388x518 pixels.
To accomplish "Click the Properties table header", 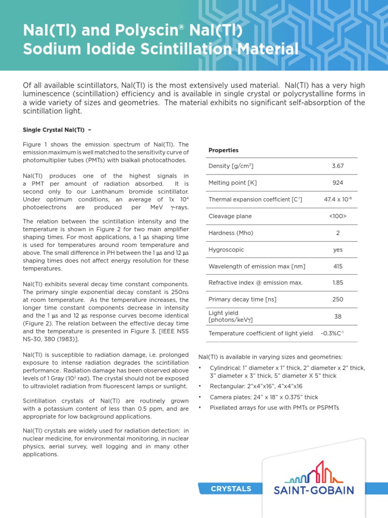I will pyautogui.click(x=223, y=150).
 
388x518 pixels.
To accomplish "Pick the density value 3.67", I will pyautogui.click(x=337, y=166).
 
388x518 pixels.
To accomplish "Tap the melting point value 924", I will pyautogui.click(x=337, y=183).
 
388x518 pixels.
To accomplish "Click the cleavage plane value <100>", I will pyautogui.click(x=337, y=216).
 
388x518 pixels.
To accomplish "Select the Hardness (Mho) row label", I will pyautogui.click(x=231, y=233).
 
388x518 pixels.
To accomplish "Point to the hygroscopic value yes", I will pyautogui.click(x=337, y=249).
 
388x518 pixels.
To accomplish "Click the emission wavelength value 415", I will pyautogui.click(x=337, y=266).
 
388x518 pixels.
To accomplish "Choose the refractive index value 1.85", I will pyautogui.click(x=337, y=283).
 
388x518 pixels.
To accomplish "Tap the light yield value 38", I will pyautogui.click(x=337, y=316).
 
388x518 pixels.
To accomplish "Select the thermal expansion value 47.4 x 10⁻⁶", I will pyautogui.click(x=337, y=199).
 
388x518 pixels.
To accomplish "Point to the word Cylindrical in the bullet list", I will pyautogui.click(x=225, y=368).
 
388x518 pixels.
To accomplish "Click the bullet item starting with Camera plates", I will pyautogui.click(x=264, y=397).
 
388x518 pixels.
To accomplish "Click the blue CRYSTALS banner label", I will pyautogui.click(x=230, y=489).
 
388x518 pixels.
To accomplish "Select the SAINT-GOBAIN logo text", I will pyautogui.click(x=313, y=490).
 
